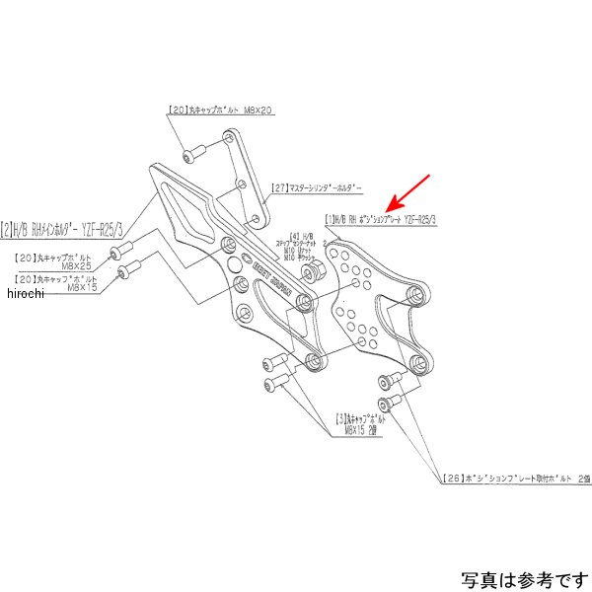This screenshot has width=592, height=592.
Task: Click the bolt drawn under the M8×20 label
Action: coord(191,153)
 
